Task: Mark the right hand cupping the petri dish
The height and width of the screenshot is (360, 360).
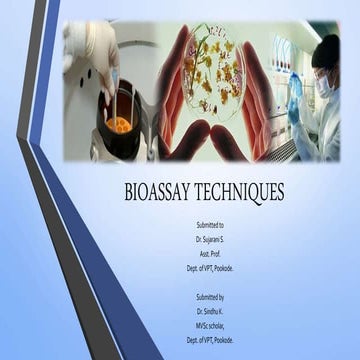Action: pyautogui.click(x=258, y=110)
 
